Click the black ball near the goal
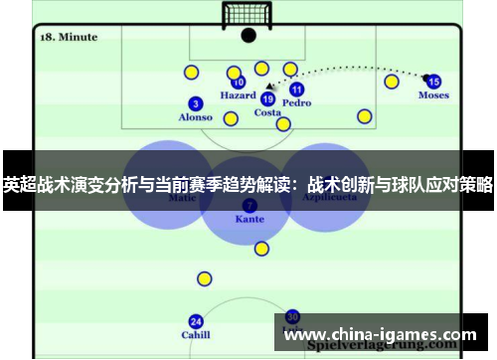(x=248, y=35)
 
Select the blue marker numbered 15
(x=433, y=82)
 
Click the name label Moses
(x=433, y=95)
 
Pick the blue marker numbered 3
(x=195, y=103)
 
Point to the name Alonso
(x=195, y=117)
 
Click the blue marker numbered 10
(x=239, y=83)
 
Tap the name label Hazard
(x=238, y=96)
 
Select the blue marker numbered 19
(x=267, y=98)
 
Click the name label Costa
(x=267, y=112)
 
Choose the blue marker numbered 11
(x=296, y=90)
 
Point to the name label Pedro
(x=296, y=102)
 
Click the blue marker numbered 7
(x=248, y=204)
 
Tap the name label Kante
(x=248, y=218)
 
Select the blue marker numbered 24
(x=196, y=321)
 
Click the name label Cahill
(x=196, y=335)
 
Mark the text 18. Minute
(x=69, y=37)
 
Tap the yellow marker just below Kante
(x=261, y=249)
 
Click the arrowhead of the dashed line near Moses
(x=424, y=76)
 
